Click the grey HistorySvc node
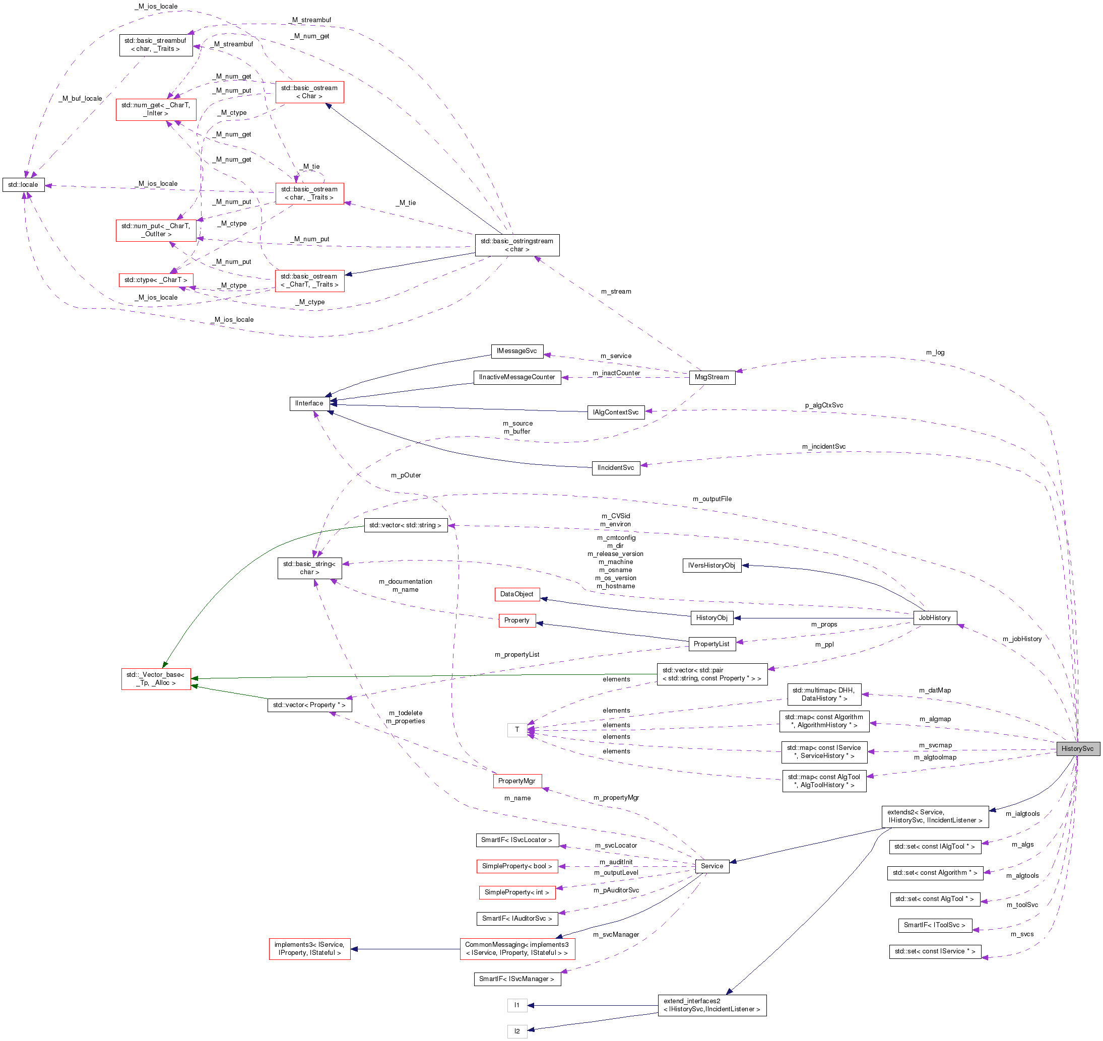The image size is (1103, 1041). pos(1077,748)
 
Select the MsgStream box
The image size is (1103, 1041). pos(711,377)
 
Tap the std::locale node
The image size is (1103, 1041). pos(23,185)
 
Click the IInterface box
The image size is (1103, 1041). pos(309,403)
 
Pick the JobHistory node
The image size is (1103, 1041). pos(934,617)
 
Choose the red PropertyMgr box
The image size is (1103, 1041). pos(517,781)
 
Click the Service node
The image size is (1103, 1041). pos(711,866)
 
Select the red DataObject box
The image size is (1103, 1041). pos(517,594)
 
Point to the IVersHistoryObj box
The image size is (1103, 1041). pos(711,566)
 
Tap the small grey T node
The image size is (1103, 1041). pos(517,730)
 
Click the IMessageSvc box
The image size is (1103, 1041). pos(517,351)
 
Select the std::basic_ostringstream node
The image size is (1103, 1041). pos(517,245)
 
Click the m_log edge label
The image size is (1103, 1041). pos(935,353)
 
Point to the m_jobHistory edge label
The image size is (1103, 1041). pos(1022,639)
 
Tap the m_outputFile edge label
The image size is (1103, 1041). pos(712,499)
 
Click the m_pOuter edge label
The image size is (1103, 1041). pos(406,475)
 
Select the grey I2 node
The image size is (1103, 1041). pos(517,1031)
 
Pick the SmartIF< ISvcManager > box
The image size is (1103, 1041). pos(517,979)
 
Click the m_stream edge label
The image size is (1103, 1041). pos(616,291)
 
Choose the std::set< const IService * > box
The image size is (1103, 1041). pos(935,951)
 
